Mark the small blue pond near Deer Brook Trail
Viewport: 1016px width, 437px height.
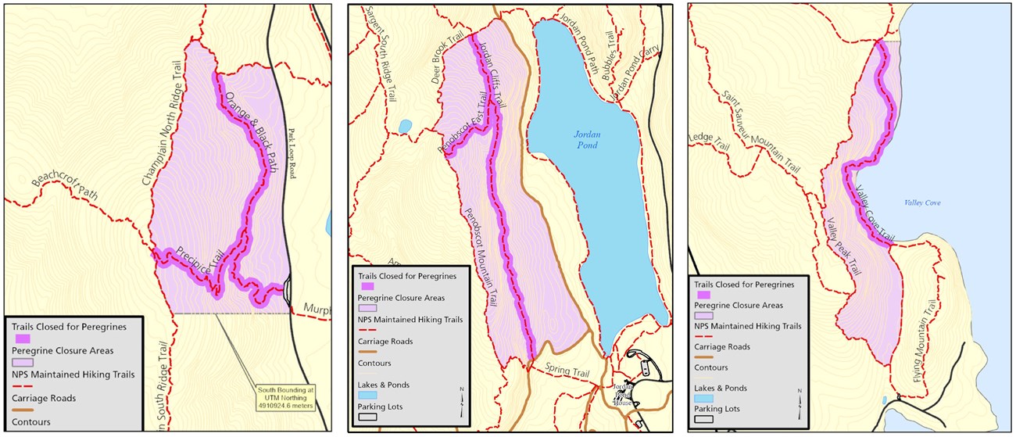[x=404, y=126]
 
